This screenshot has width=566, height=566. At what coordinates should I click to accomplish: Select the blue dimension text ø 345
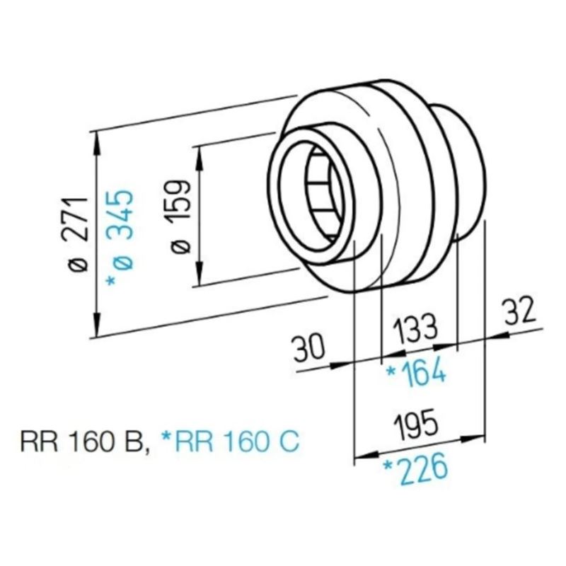[x=120, y=238]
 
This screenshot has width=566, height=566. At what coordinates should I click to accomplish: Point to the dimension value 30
[x=309, y=348]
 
